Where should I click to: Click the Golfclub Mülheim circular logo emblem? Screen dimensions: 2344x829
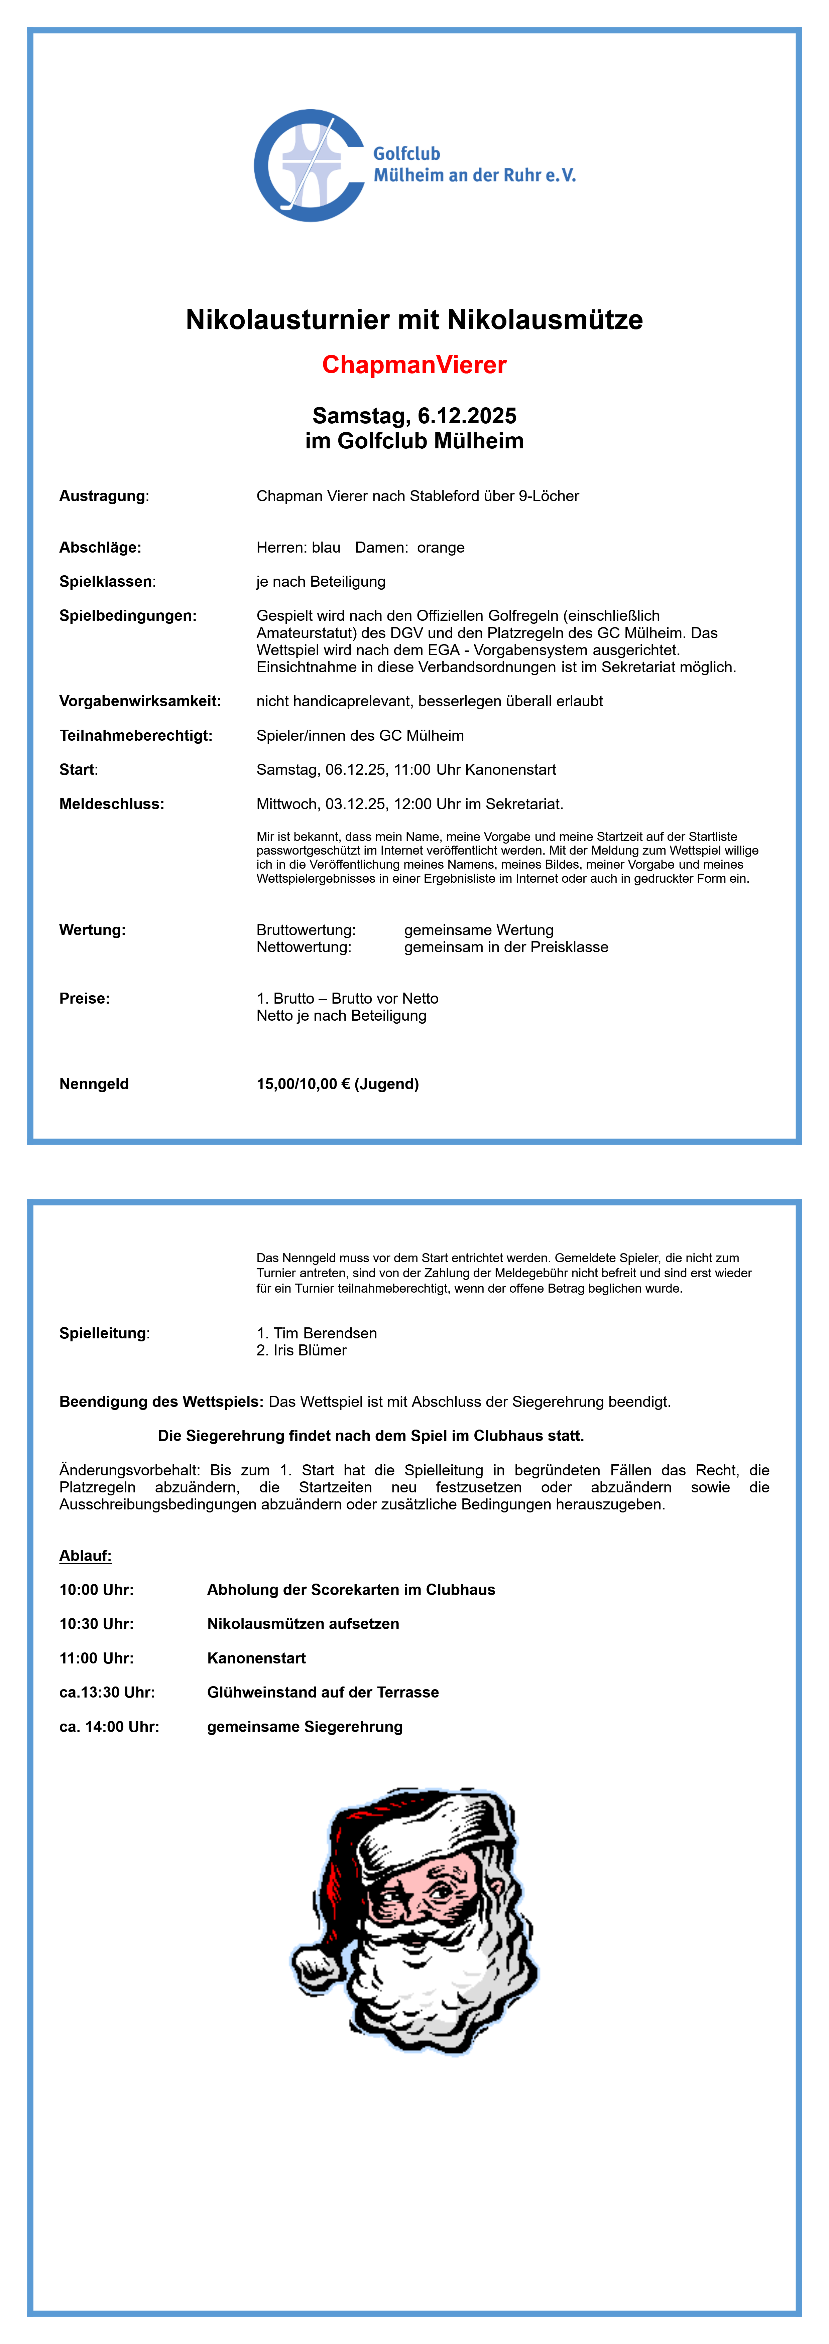coord(310,166)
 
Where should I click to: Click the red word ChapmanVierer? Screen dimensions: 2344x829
coord(414,365)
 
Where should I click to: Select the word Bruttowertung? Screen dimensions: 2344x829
coord(306,930)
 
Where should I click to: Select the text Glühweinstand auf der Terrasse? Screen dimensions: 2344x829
coord(323,1693)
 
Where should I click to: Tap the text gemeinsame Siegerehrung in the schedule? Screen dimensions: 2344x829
coord(305,1727)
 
